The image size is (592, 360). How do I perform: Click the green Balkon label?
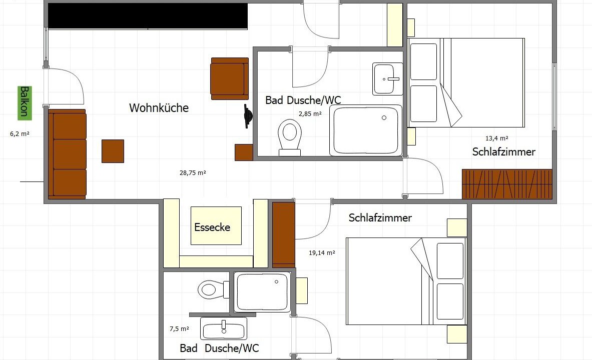click(x=25, y=103)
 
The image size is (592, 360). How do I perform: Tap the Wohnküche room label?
click(x=159, y=108)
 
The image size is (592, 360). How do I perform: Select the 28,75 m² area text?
click(x=193, y=173)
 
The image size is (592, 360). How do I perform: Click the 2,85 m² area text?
click(x=310, y=113)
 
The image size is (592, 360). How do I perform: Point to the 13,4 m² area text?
click(x=496, y=138)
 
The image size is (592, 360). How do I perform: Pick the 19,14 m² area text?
click(x=322, y=253)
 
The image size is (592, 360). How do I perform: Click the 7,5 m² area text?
click(x=179, y=329)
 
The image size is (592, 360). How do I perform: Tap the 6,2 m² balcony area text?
click(x=20, y=133)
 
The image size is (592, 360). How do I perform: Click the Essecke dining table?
click(x=216, y=225)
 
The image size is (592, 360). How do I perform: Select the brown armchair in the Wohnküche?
click(x=230, y=78)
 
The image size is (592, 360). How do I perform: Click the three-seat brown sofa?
click(x=67, y=154)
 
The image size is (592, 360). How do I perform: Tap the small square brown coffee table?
click(x=113, y=151)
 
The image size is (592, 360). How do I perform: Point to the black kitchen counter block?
click(x=148, y=16)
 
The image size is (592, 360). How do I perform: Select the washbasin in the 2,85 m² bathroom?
click(x=387, y=79)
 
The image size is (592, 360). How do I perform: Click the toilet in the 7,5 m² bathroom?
click(x=213, y=289)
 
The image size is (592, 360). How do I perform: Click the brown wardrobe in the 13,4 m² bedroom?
click(x=507, y=184)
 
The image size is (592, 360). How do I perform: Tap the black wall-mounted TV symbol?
click(x=247, y=116)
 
